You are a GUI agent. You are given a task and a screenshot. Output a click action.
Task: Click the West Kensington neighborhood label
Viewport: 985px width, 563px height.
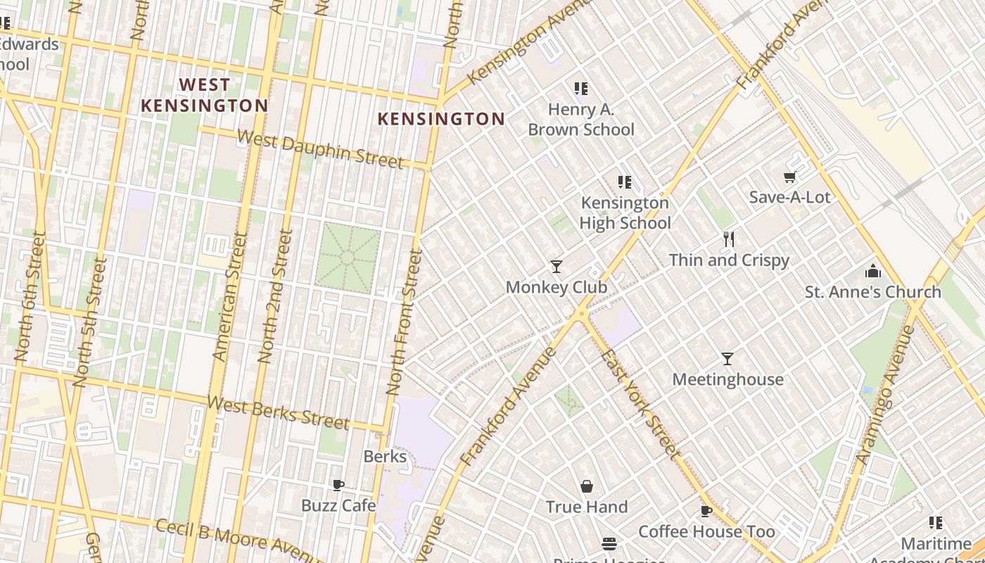(x=204, y=95)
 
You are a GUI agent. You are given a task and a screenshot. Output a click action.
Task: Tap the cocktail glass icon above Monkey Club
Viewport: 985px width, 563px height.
(x=557, y=266)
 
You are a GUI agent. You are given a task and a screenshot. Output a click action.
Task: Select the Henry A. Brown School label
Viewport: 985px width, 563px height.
(x=581, y=120)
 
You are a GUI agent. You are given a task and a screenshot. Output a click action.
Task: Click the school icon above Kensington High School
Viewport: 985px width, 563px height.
(x=624, y=182)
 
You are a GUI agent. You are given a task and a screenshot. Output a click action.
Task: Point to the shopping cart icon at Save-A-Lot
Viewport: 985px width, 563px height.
(x=789, y=177)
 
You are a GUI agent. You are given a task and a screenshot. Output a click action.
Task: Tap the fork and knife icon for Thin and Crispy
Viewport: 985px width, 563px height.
(x=729, y=240)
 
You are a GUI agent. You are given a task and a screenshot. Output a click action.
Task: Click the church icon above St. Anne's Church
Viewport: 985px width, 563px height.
(x=873, y=271)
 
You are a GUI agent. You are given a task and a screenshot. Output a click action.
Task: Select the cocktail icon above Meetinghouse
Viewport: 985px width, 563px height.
(x=727, y=359)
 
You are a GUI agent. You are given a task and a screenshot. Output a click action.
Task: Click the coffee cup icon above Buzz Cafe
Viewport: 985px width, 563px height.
(x=338, y=485)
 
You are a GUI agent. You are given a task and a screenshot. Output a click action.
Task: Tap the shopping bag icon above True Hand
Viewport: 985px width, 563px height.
(x=587, y=486)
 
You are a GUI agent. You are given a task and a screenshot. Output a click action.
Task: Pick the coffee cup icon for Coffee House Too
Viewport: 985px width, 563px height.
(x=706, y=512)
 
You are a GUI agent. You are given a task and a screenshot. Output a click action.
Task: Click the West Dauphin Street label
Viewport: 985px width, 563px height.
(x=321, y=149)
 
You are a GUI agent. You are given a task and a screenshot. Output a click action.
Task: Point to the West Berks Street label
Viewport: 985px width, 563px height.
(x=279, y=412)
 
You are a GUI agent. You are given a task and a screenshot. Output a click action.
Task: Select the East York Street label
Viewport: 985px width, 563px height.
(x=640, y=404)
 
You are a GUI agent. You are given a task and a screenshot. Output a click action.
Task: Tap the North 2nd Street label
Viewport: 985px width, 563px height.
(x=275, y=296)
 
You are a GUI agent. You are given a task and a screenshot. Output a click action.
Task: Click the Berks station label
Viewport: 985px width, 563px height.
(x=385, y=456)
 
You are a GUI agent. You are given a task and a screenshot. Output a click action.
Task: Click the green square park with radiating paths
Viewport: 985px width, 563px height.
(x=348, y=258)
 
